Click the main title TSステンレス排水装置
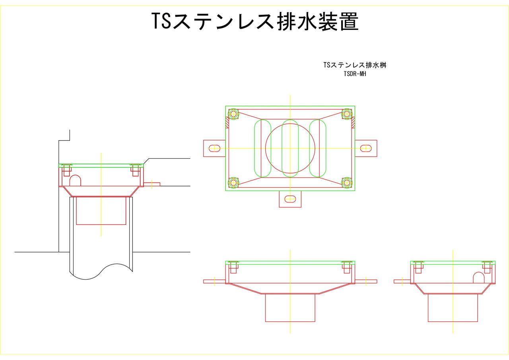tap(255, 22)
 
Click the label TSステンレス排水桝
tap(355, 65)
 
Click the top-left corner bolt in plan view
tap(233, 114)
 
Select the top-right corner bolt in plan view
tap(347, 114)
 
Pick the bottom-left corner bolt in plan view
tap(233, 183)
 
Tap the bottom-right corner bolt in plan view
tap(347, 183)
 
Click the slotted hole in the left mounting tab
tap(214, 148)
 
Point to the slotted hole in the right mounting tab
tap(366, 148)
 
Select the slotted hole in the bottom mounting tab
tap(290, 199)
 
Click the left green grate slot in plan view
tap(262, 148)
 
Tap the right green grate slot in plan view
tap(318, 148)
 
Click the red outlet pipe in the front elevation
tap(290, 307)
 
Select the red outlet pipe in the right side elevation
tap(453, 307)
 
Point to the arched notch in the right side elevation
tap(478, 277)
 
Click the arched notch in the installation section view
tap(75, 181)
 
